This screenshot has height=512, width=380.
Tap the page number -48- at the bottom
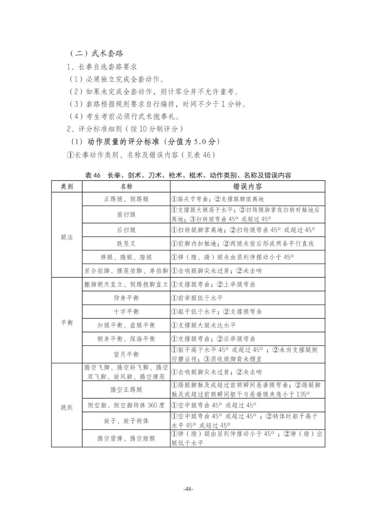coord(188,489)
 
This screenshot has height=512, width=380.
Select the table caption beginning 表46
coord(188,175)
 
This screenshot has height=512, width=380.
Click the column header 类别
coord(66,187)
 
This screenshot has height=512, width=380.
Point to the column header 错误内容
coord(247,187)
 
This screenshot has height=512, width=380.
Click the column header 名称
coord(126,187)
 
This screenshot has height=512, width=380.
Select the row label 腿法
coord(66,237)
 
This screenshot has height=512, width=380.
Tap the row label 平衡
coord(66,323)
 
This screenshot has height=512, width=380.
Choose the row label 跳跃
coord(66,407)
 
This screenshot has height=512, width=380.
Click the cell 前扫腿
coord(126,215)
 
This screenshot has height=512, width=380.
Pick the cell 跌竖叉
coord(126,244)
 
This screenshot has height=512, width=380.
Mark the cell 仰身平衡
coord(126,298)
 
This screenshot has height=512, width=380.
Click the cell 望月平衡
coord(126,354)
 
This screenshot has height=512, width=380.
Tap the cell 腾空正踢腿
coord(126,390)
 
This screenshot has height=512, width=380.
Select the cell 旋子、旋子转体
coord(126,421)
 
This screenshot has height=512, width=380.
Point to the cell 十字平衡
coord(126,312)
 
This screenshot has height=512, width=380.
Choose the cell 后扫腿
coord(126,230)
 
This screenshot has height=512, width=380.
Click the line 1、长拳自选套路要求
coord(102,67)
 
